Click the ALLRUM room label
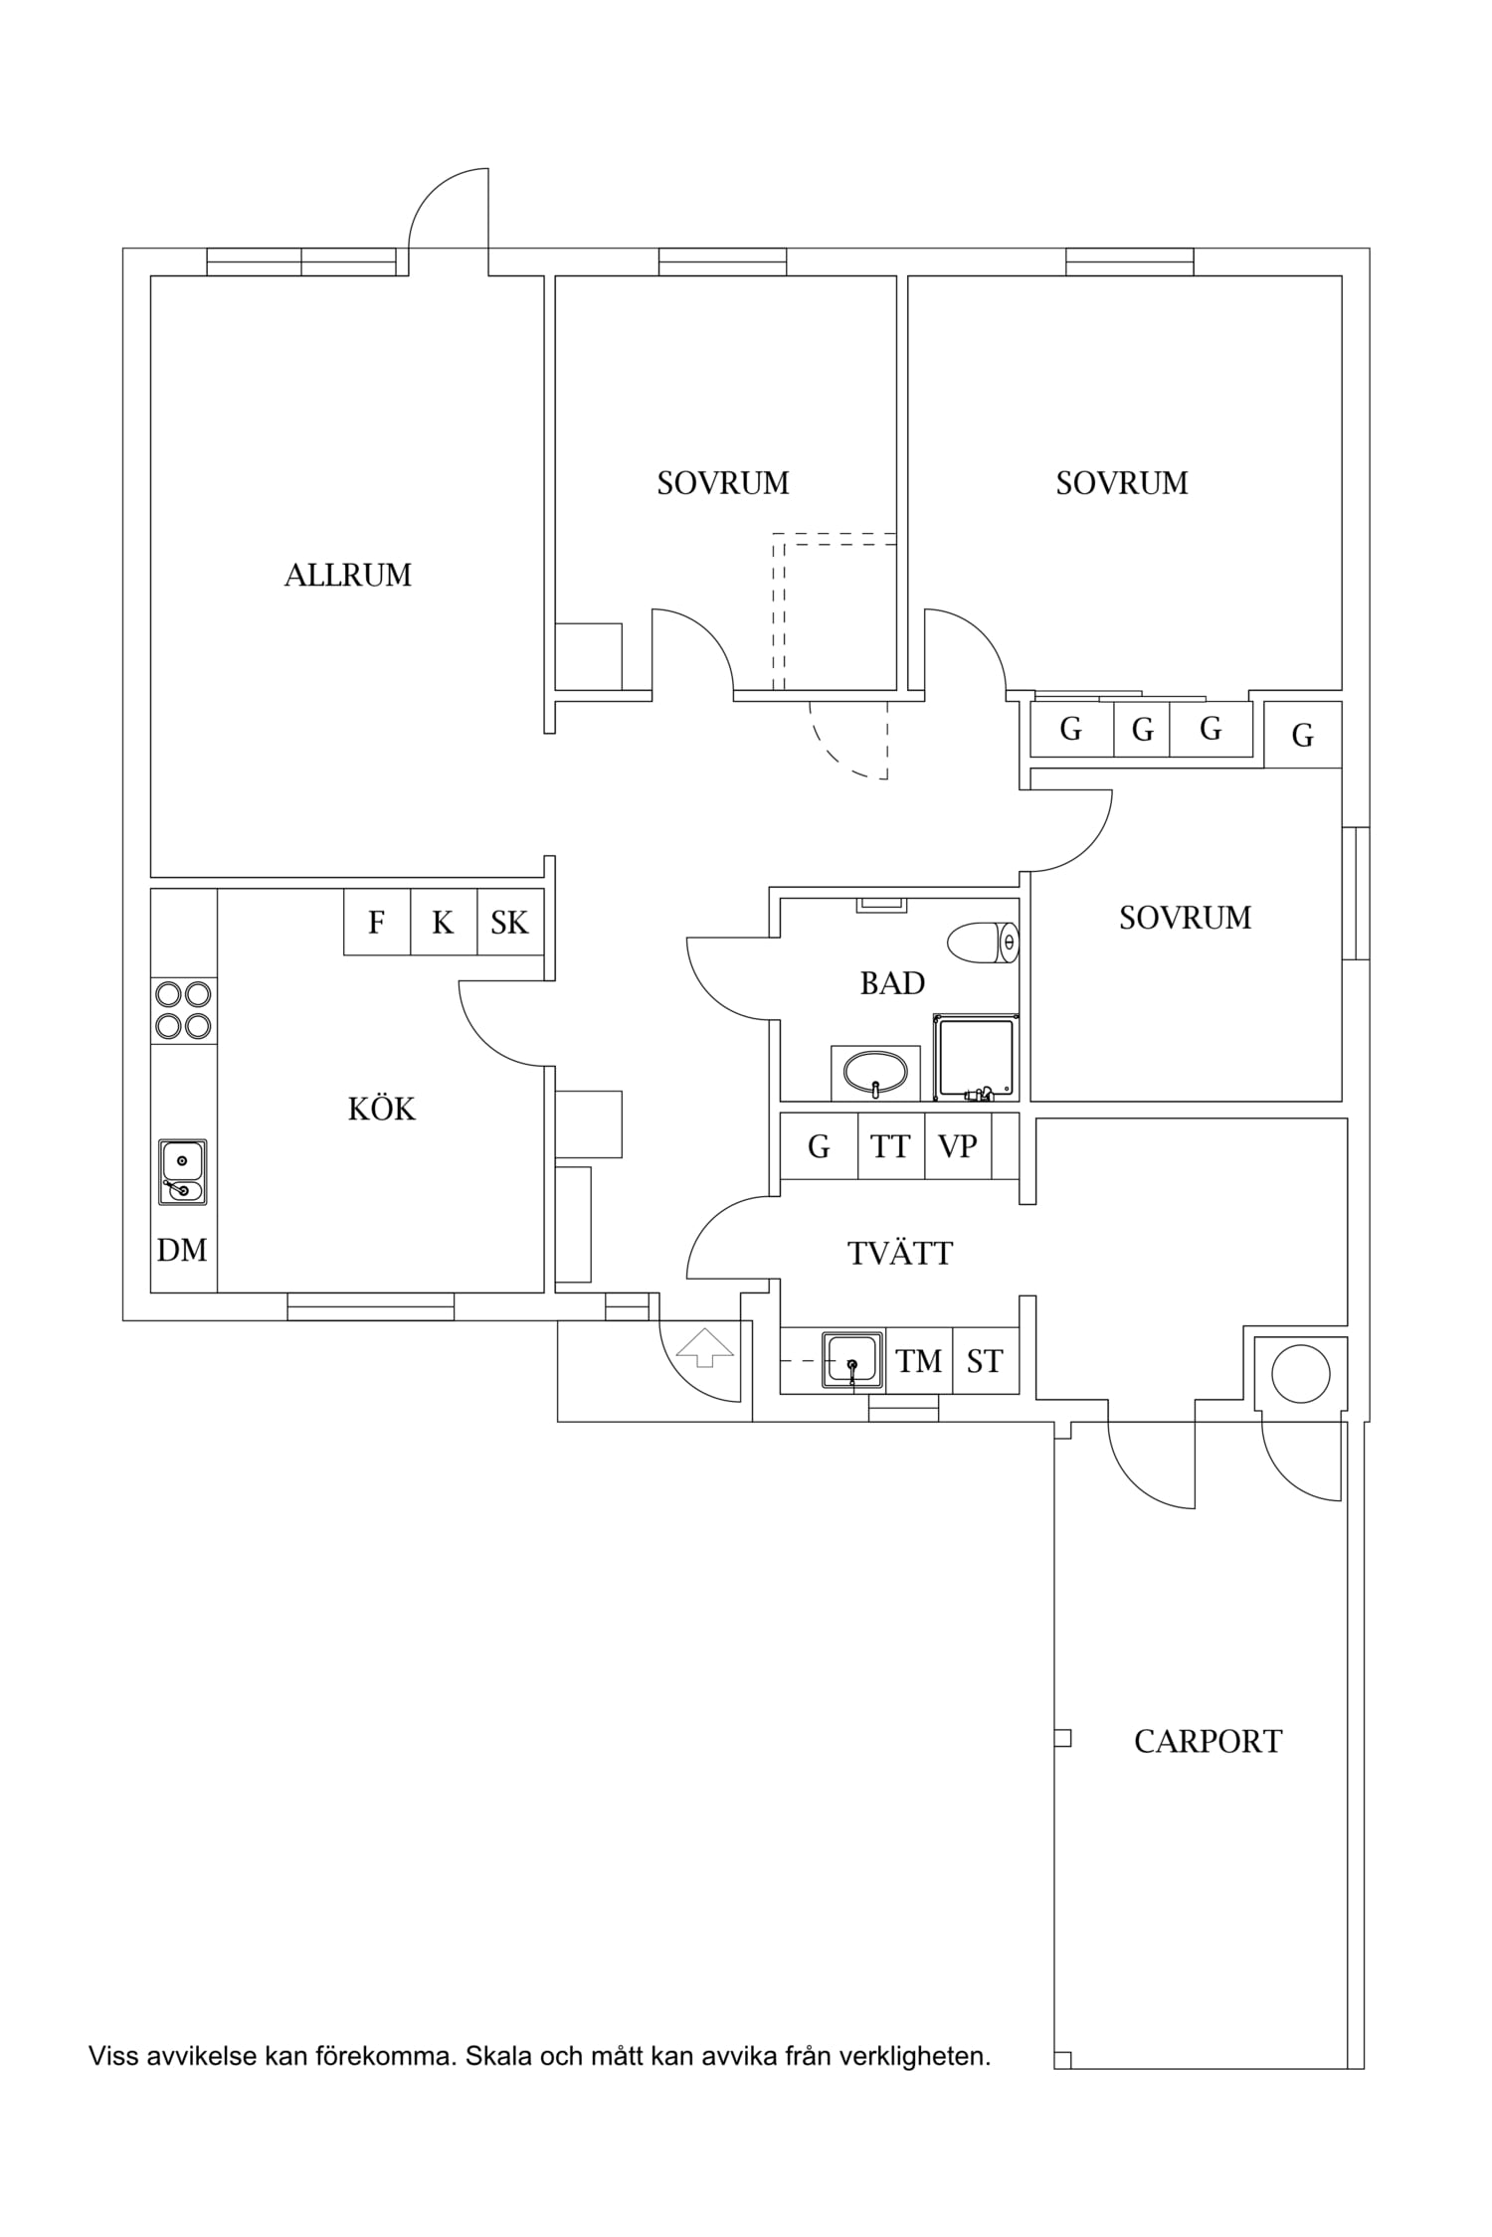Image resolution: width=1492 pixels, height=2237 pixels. point(347,576)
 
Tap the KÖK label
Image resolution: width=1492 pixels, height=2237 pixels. point(381,1108)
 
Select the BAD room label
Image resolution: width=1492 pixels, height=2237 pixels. point(892,983)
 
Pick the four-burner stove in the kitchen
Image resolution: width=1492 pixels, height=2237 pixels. point(183,1010)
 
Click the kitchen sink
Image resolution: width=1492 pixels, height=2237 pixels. point(183,1172)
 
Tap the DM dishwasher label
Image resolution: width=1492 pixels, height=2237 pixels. point(182,1250)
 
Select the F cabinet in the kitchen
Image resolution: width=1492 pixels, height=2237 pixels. point(377,922)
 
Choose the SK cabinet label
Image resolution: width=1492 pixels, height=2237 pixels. point(509,923)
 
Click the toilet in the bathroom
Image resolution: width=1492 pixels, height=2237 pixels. point(984,943)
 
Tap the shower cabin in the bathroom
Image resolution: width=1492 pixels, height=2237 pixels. point(976,1057)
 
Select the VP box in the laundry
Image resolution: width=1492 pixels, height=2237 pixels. point(958,1146)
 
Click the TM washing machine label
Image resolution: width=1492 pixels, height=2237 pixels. point(918,1361)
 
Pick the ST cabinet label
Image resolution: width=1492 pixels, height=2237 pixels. point(985,1361)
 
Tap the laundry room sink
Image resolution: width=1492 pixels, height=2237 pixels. point(853,1358)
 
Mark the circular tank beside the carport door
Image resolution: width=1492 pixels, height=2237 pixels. point(1300,1373)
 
